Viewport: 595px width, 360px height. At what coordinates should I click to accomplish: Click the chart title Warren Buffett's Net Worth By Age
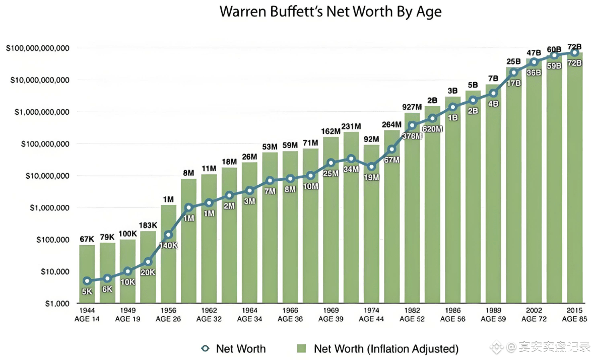point(330,12)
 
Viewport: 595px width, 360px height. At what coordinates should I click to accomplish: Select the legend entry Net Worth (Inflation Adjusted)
point(385,348)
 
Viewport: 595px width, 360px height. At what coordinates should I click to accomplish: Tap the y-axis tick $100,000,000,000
point(37,48)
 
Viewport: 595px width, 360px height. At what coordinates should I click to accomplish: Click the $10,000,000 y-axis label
point(44,176)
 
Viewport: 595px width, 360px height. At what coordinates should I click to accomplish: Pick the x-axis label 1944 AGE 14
point(87,315)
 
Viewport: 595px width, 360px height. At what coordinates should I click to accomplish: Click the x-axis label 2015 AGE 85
point(574,315)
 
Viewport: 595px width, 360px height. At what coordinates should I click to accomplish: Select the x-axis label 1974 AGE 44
point(371,315)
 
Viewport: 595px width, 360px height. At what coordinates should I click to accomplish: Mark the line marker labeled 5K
point(87,281)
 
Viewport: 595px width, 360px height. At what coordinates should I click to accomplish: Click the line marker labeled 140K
point(168,235)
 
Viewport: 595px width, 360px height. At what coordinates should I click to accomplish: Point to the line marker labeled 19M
point(371,167)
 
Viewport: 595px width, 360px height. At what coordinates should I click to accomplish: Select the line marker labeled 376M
point(412,125)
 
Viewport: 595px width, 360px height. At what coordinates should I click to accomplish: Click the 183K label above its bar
point(148,225)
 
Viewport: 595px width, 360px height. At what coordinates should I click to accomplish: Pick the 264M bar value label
point(391,124)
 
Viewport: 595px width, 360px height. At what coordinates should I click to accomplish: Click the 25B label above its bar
point(513,61)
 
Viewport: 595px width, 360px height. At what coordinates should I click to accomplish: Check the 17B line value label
point(513,83)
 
